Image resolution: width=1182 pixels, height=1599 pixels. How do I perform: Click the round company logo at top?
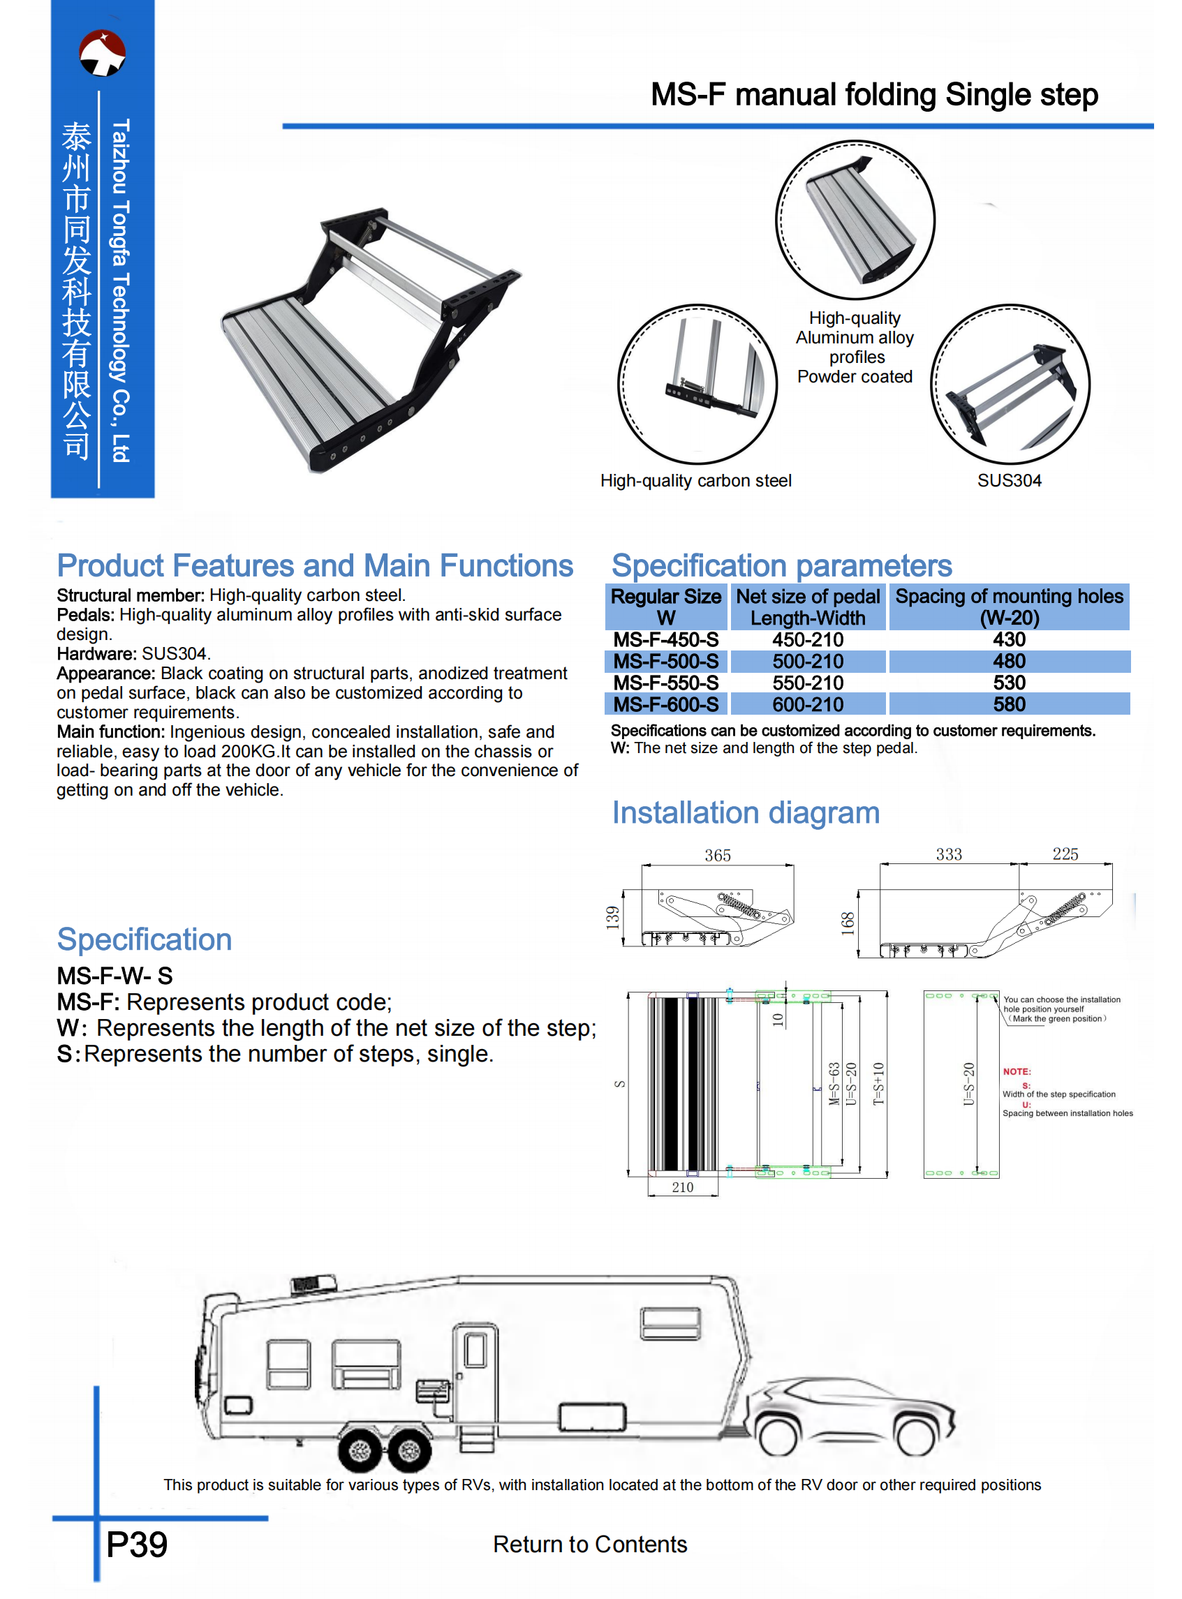103,53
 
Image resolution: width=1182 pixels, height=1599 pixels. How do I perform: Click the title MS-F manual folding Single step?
873,94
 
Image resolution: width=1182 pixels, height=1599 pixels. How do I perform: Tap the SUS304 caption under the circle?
1009,481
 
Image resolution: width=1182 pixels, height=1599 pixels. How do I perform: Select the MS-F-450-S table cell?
665,640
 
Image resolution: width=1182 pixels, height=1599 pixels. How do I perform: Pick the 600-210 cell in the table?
808,704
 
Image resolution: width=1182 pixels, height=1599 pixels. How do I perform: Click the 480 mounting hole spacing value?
1009,662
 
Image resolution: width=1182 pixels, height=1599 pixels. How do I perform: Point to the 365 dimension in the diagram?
718,855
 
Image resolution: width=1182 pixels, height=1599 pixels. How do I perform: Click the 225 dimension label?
1065,854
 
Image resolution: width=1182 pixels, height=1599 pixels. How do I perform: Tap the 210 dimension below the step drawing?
682,1187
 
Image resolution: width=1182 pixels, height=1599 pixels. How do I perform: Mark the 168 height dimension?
847,923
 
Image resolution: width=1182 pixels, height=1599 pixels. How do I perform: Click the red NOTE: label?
1016,1071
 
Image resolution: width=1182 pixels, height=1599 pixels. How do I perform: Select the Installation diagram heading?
746,813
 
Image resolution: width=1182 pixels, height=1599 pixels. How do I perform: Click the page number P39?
137,1545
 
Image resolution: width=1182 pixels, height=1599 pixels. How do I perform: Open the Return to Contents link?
589,1545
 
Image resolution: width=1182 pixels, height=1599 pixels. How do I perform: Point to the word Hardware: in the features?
96,653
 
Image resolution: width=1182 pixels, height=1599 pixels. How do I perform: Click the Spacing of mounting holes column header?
1009,607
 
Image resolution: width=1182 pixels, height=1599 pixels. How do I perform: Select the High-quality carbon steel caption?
695,481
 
